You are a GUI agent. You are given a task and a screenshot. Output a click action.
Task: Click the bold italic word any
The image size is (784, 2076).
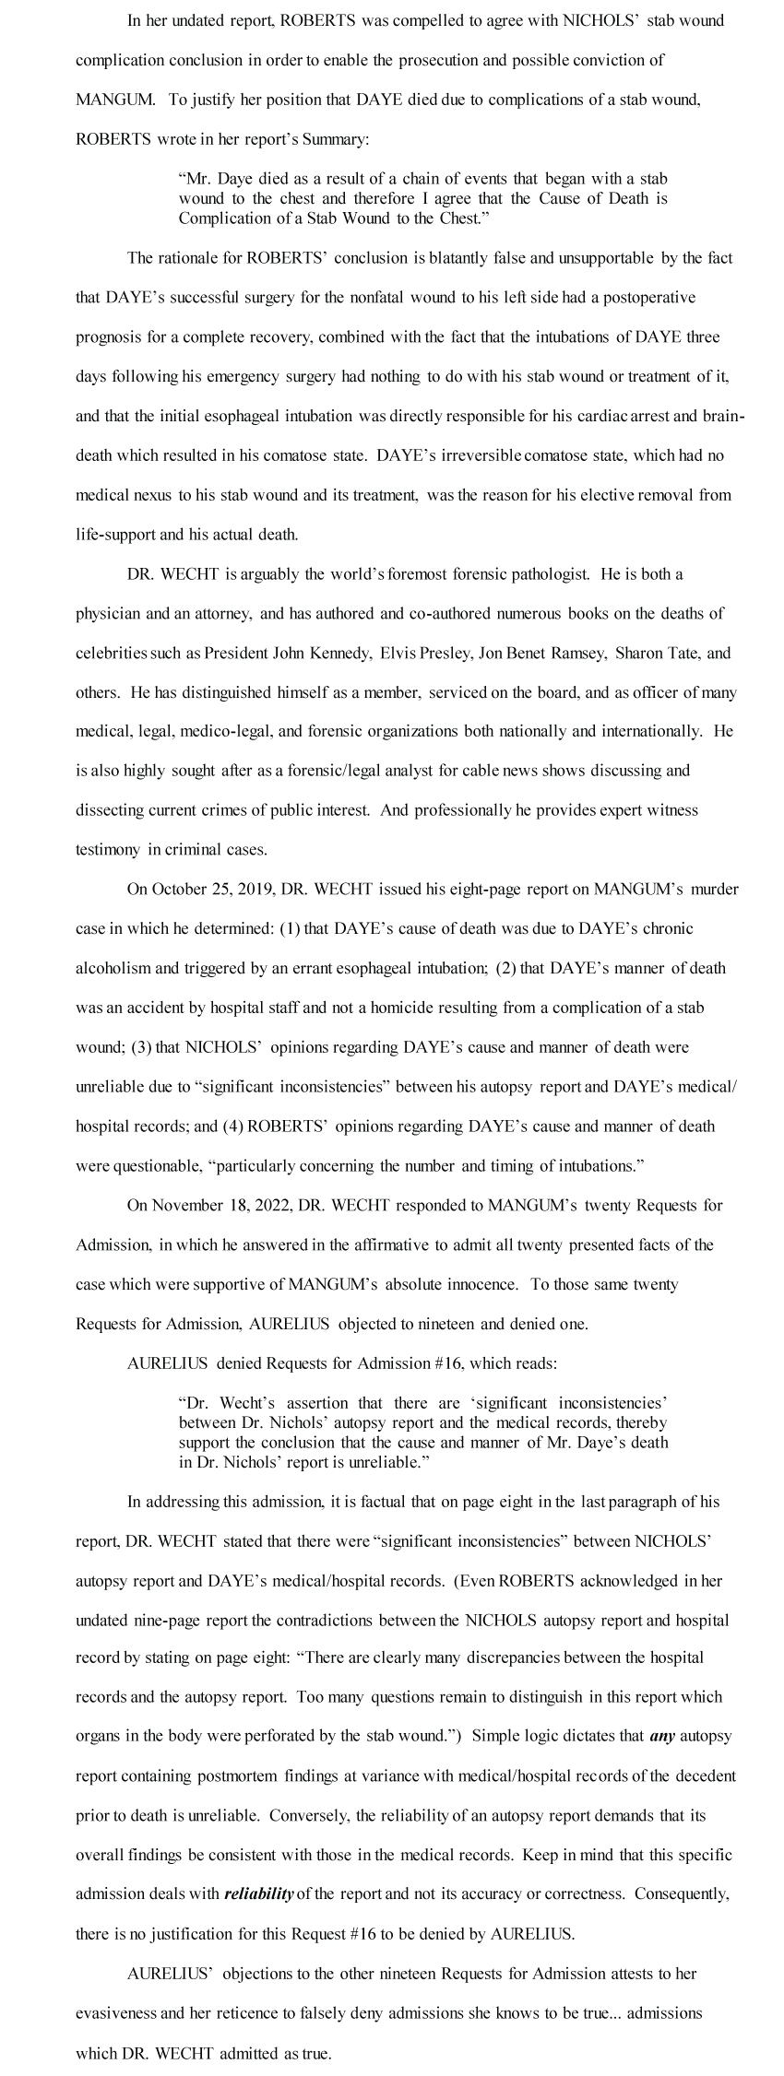(663, 1737)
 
